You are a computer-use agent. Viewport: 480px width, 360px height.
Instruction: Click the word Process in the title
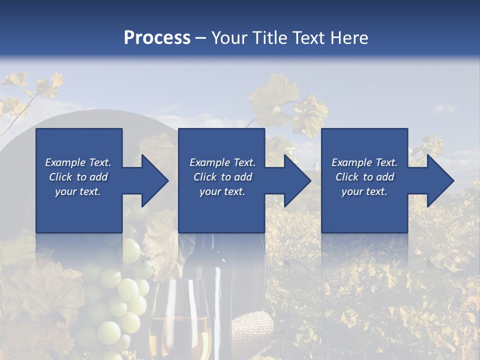[x=157, y=38]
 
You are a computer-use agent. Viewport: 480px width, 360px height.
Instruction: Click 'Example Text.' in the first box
[x=78, y=162]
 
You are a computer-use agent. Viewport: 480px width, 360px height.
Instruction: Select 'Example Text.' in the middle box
[x=222, y=162]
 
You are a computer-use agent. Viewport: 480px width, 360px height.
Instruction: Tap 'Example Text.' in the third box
[x=364, y=162]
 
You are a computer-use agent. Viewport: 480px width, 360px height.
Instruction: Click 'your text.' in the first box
[x=78, y=191]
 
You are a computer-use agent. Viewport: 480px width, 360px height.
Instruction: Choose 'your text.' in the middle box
[x=222, y=191]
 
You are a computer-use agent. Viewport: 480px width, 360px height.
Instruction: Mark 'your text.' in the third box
[x=364, y=191]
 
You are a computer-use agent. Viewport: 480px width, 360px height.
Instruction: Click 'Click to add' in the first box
[x=78, y=177]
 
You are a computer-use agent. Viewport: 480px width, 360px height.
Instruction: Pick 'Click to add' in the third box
[x=364, y=177]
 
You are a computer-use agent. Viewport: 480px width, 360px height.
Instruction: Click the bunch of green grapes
[x=122, y=295]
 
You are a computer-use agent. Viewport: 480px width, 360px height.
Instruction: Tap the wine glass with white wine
[x=178, y=320]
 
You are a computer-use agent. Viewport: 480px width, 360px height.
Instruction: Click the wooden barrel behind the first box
[x=90, y=120]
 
